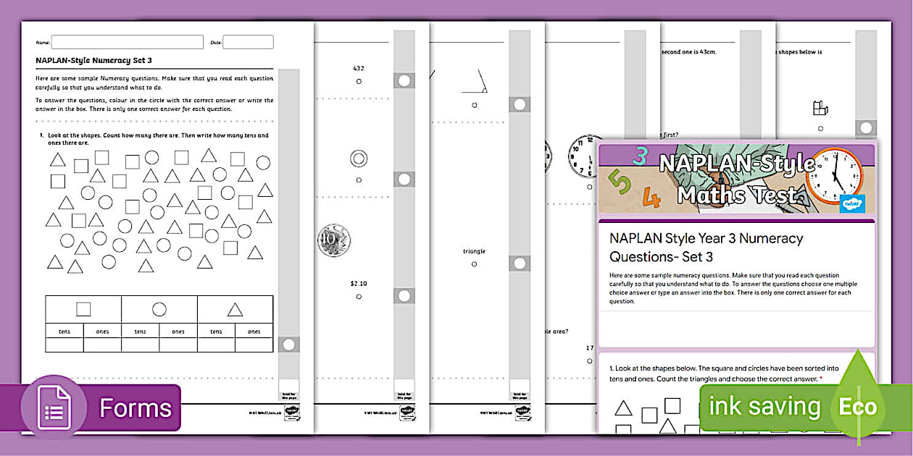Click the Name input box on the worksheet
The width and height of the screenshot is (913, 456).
(x=127, y=42)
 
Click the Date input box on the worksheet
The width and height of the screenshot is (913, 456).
(x=248, y=42)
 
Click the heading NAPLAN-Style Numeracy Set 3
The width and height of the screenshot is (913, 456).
(x=93, y=61)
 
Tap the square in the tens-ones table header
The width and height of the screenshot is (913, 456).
(x=83, y=309)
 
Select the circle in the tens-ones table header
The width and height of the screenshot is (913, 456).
(x=159, y=309)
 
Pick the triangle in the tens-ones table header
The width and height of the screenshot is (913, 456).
(x=235, y=310)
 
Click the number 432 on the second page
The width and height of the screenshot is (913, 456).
(x=359, y=68)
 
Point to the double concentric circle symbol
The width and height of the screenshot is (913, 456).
(x=359, y=159)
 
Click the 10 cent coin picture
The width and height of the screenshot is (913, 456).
(x=334, y=240)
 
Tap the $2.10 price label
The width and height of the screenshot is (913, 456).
(x=359, y=283)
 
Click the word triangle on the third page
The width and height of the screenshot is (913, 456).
(x=474, y=251)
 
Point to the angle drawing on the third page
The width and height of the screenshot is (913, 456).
(x=476, y=82)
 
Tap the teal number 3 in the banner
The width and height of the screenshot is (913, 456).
(x=639, y=155)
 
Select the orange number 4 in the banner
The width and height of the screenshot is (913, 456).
(x=652, y=197)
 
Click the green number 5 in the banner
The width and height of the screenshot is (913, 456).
(x=620, y=184)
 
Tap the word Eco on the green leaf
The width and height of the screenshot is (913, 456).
(x=858, y=407)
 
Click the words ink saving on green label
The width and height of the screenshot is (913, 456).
(x=764, y=407)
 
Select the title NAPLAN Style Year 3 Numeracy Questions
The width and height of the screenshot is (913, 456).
(x=706, y=247)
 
